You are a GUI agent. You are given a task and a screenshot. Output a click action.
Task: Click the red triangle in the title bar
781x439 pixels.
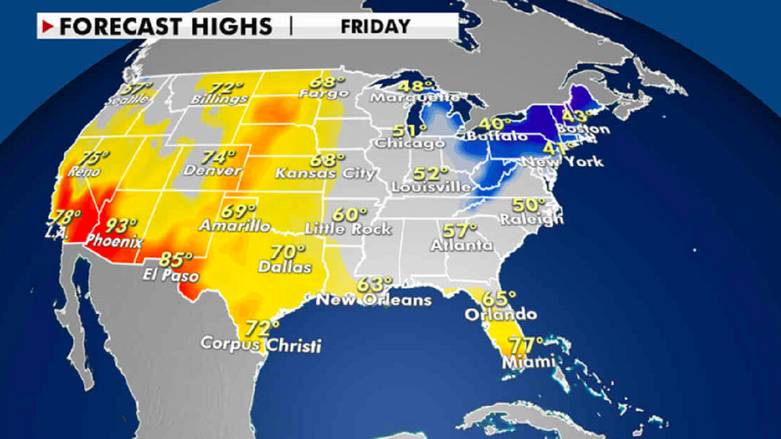(48, 26)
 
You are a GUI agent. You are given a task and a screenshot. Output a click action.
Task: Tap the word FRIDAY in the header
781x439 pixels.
(375, 26)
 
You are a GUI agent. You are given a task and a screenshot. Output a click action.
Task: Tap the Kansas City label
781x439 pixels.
(325, 174)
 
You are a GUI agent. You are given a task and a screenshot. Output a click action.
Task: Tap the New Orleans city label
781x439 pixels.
(374, 300)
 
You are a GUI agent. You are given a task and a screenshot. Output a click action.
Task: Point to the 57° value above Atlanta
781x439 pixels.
(460, 230)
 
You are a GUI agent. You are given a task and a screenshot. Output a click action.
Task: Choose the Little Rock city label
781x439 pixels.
(349, 228)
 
